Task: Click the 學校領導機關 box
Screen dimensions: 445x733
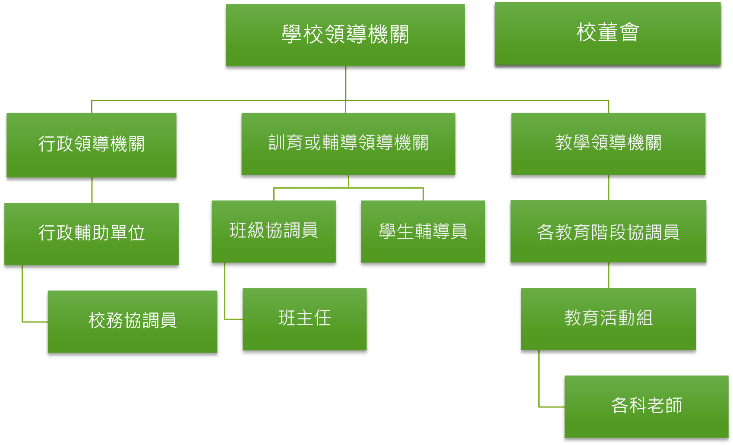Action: pyautogui.click(x=345, y=35)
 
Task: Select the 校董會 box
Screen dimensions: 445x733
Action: pyautogui.click(x=607, y=33)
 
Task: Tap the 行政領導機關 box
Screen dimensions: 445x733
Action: pyautogui.click(x=91, y=145)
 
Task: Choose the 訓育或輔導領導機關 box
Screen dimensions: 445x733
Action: pyautogui.click(x=348, y=144)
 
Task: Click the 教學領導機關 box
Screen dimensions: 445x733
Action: pyautogui.click(x=608, y=144)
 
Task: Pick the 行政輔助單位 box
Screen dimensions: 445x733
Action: pyautogui.click(x=91, y=234)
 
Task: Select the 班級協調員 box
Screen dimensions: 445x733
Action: pyautogui.click(x=273, y=231)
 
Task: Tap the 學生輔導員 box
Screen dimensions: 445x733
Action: pyautogui.click(x=423, y=231)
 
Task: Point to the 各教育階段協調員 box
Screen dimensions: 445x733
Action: pyautogui.click(x=608, y=231)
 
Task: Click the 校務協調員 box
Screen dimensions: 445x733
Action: pyautogui.click(x=132, y=321)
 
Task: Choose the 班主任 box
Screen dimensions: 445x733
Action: pyautogui.click(x=304, y=319)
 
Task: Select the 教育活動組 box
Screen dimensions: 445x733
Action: pyautogui.click(x=608, y=319)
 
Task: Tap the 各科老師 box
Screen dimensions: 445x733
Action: pyautogui.click(x=646, y=406)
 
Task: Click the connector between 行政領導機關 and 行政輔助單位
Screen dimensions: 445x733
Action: pyautogui.click(x=92, y=190)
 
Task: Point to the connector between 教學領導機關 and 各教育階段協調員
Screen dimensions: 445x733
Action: pyautogui.click(x=609, y=187)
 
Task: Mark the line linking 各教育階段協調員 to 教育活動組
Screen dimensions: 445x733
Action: pyautogui.click(x=609, y=275)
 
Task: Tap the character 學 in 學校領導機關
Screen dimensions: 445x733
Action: pyautogui.click(x=292, y=35)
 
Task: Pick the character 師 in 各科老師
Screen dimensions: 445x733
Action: pyautogui.click(x=673, y=406)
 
